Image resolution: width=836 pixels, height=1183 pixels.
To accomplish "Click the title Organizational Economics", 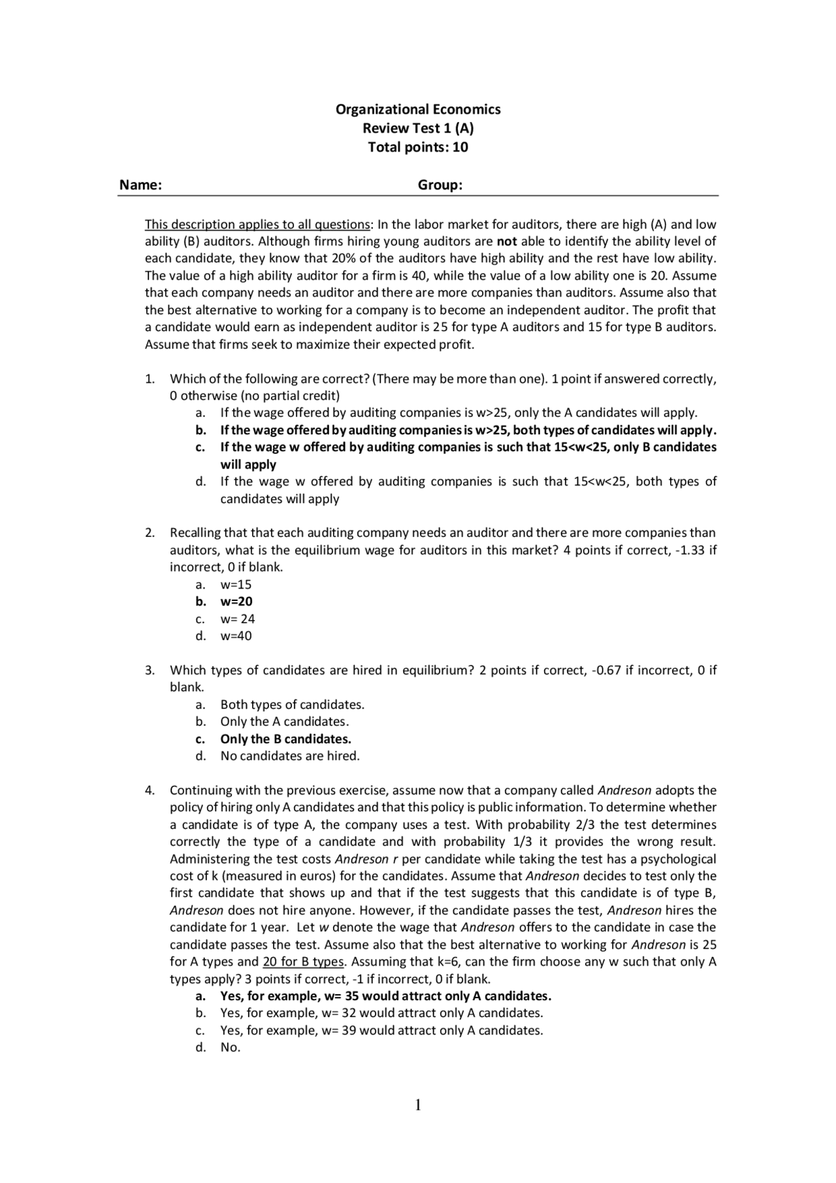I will click(418, 109).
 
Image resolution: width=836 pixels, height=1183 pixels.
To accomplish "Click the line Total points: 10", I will click(418, 147).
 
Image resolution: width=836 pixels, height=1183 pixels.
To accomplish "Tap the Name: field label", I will click(140, 185).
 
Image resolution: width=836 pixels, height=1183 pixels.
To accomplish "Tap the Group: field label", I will click(440, 185).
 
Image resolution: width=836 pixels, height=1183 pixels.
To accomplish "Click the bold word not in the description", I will click(507, 241).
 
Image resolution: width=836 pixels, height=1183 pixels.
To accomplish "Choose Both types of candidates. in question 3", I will click(292, 705).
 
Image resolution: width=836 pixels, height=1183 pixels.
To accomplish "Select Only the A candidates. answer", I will click(284, 722).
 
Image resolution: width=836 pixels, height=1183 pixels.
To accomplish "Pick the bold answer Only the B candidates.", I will click(285, 739).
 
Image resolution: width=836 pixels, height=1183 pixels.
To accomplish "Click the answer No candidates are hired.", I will click(290, 756).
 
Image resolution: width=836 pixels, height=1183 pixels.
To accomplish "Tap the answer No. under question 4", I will click(230, 1047).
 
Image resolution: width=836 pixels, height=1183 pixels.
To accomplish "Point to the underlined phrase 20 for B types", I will click(303, 962).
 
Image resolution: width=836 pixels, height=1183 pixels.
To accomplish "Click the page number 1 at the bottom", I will click(418, 1105).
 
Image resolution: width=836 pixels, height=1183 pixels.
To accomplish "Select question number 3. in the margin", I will click(150, 670).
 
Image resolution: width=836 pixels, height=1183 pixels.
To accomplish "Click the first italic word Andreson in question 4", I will click(625, 790).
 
